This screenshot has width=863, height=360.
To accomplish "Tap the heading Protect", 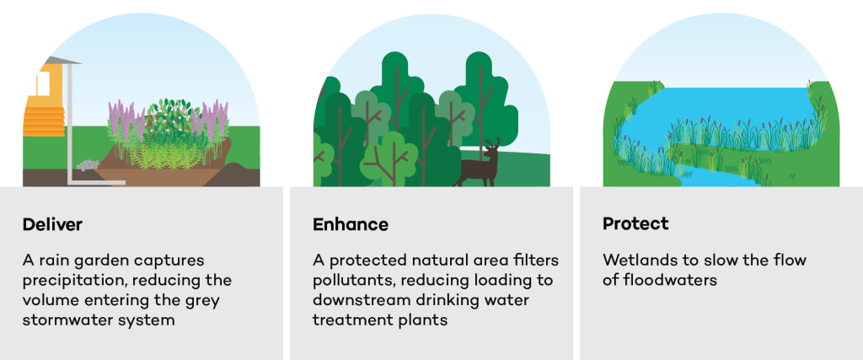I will coord(635,223).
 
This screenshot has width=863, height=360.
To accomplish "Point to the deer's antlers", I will coord(491,143).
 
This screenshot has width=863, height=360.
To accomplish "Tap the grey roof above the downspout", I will coord(62,61).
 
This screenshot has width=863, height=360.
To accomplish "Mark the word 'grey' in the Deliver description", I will coord(212,299).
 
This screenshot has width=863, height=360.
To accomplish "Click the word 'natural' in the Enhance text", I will coord(468,261).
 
